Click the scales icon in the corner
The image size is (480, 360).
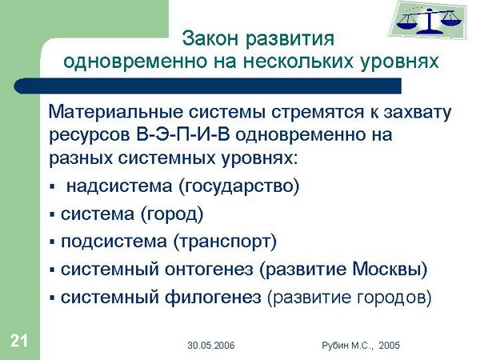429,20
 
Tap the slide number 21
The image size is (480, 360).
19,341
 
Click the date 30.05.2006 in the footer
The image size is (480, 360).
211,346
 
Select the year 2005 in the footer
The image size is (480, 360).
389,346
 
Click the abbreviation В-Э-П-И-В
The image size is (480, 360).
182,134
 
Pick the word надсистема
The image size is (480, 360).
119,186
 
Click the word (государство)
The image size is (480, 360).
238,186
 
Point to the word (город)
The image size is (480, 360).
172,214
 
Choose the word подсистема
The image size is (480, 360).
114,242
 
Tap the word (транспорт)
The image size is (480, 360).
225,242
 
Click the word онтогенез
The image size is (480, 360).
209,270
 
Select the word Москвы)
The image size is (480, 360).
390,270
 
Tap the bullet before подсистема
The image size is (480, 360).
52,242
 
